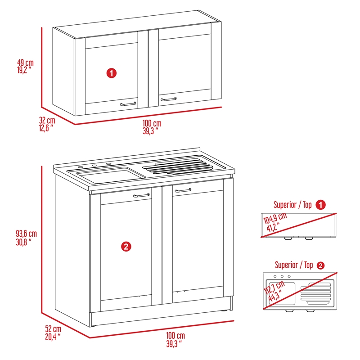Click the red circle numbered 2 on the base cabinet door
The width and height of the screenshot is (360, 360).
[126, 246]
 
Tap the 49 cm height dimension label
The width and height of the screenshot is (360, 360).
[25, 66]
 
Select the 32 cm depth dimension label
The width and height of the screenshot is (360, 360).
[47, 124]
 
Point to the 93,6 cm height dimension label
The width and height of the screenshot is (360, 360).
[26, 238]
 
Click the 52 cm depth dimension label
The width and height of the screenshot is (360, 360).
[53, 332]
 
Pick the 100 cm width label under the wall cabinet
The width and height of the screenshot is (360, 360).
[152, 126]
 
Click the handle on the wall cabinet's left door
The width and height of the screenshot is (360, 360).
[128, 103]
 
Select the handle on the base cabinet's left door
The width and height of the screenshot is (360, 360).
[142, 195]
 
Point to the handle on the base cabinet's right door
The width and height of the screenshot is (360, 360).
[183, 191]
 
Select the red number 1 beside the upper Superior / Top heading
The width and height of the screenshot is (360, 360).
[320, 205]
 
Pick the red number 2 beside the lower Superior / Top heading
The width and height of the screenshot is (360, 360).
[320, 265]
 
